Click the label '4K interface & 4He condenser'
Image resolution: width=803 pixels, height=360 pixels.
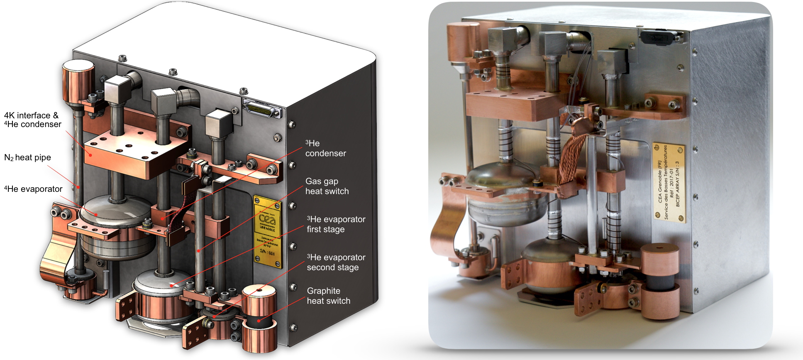click(32, 120)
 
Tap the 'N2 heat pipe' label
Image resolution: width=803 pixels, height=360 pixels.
click(27, 157)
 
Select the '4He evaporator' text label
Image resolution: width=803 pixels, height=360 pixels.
click(33, 189)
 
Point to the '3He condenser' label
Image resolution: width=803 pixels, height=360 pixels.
click(325, 148)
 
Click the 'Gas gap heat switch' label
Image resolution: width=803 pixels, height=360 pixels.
click(327, 186)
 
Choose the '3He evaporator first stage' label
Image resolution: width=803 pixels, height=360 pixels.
click(336, 224)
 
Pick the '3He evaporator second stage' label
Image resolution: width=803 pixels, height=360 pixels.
click(336, 262)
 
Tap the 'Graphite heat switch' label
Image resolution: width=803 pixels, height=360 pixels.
click(328, 296)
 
